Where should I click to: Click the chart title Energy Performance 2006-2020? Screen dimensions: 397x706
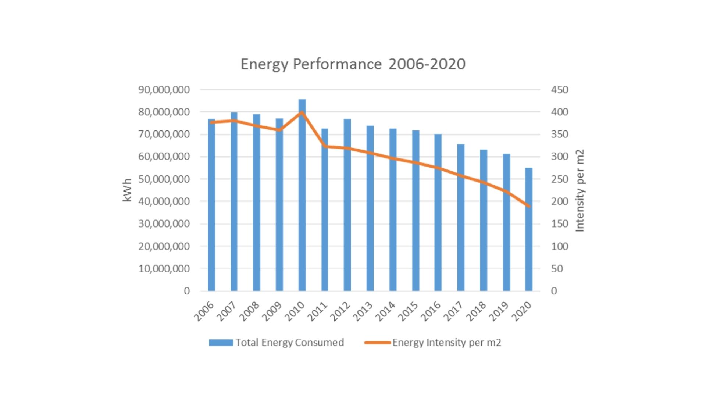(x=353, y=64)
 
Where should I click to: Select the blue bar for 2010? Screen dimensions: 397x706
(x=302, y=195)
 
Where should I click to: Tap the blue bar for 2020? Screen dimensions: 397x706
(x=528, y=229)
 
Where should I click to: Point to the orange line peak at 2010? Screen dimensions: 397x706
(x=302, y=112)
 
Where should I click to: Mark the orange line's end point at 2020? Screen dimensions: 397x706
(x=529, y=206)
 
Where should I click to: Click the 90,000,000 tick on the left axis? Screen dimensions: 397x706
(x=164, y=90)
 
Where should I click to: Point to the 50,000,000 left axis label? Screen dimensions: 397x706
(x=164, y=179)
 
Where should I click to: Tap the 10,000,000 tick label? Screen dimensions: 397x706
(x=164, y=269)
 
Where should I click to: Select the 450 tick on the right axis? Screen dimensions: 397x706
(x=559, y=90)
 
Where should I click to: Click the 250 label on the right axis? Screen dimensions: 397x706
(x=559, y=179)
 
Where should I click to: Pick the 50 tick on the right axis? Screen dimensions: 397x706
(x=557, y=269)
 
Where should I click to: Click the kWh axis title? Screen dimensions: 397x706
(x=127, y=190)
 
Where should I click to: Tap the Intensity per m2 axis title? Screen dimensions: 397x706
(x=580, y=190)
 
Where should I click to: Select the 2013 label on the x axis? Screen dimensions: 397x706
(x=363, y=311)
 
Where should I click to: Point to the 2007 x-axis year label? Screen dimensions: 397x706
(x=227, y=311)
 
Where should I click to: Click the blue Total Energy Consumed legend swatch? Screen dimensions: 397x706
(x=221, y=343)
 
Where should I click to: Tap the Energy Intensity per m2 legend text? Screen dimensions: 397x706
(x=446, y=343)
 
